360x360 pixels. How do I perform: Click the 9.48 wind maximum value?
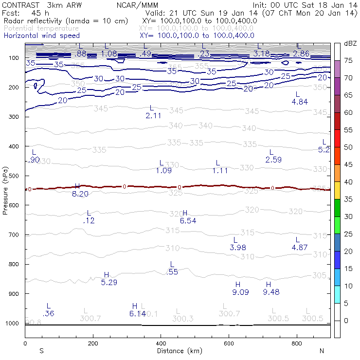tap(271, 292)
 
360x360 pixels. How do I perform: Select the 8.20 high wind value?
tap(80, 194)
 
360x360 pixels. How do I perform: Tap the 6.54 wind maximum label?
tap(188, 221)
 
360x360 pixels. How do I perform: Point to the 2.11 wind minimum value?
tap(153, 115)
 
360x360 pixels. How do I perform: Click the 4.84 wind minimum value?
tap(300, 102)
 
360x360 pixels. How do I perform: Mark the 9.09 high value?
tap(240, 292)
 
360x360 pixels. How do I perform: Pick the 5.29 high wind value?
tap(109, 282)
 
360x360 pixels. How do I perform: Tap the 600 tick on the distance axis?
tap(229, 343)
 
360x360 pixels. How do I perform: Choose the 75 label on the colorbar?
tap(348, 61)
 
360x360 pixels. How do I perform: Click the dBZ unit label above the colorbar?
tap(350, 43)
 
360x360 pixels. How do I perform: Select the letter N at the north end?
tap(322, 350)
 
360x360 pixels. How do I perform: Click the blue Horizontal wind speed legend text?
tap(41, 36)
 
